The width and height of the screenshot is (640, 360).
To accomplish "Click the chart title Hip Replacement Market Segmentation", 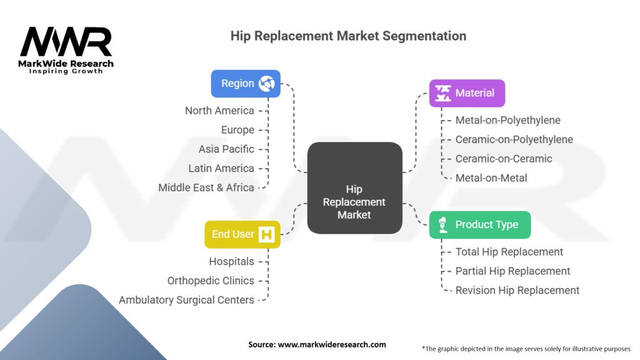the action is click(348, 36).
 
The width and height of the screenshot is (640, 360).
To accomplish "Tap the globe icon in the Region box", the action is click(266, 84).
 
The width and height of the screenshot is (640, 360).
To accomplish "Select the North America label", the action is click(219, 111).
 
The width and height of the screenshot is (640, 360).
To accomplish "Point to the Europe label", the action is click(237, 130).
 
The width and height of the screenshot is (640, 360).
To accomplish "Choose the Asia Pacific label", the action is click(226, 149).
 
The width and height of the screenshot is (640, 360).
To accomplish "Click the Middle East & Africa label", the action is click(206, 187).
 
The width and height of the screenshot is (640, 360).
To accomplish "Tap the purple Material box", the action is click(467, 93).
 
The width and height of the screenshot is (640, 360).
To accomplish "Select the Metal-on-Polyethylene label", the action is click(507, 120).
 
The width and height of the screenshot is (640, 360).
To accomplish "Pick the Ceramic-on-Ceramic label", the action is click(504, 158).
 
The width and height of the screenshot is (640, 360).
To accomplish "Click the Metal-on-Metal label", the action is click(491, 178).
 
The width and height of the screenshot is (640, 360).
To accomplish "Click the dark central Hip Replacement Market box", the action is click(355, 187).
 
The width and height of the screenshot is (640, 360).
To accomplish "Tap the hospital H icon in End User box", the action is click(266, 234).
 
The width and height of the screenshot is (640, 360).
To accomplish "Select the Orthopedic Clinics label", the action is click(211, 281).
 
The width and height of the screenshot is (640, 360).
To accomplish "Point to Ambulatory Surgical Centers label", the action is click(186, 300).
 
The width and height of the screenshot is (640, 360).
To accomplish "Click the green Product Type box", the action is click(480, 225).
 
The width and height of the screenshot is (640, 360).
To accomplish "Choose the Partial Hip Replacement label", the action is click(512, 271).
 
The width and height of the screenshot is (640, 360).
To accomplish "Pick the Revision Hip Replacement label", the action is click(517, 290).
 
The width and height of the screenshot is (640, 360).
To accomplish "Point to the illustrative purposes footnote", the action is click(526, 349).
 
